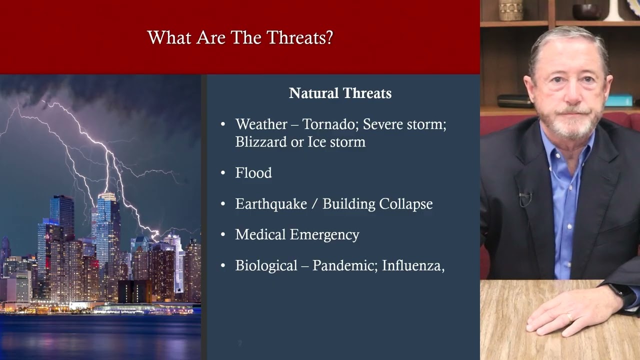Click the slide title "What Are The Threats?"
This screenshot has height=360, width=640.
240,38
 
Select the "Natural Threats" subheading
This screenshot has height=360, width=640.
340,93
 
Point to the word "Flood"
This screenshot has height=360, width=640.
253,173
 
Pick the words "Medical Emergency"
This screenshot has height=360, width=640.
297,234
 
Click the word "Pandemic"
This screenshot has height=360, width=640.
344,265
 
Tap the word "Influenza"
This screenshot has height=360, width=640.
413,265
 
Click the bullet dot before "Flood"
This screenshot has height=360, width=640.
223,173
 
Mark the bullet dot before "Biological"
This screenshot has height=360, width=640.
223,266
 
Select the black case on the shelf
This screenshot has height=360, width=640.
515,101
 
